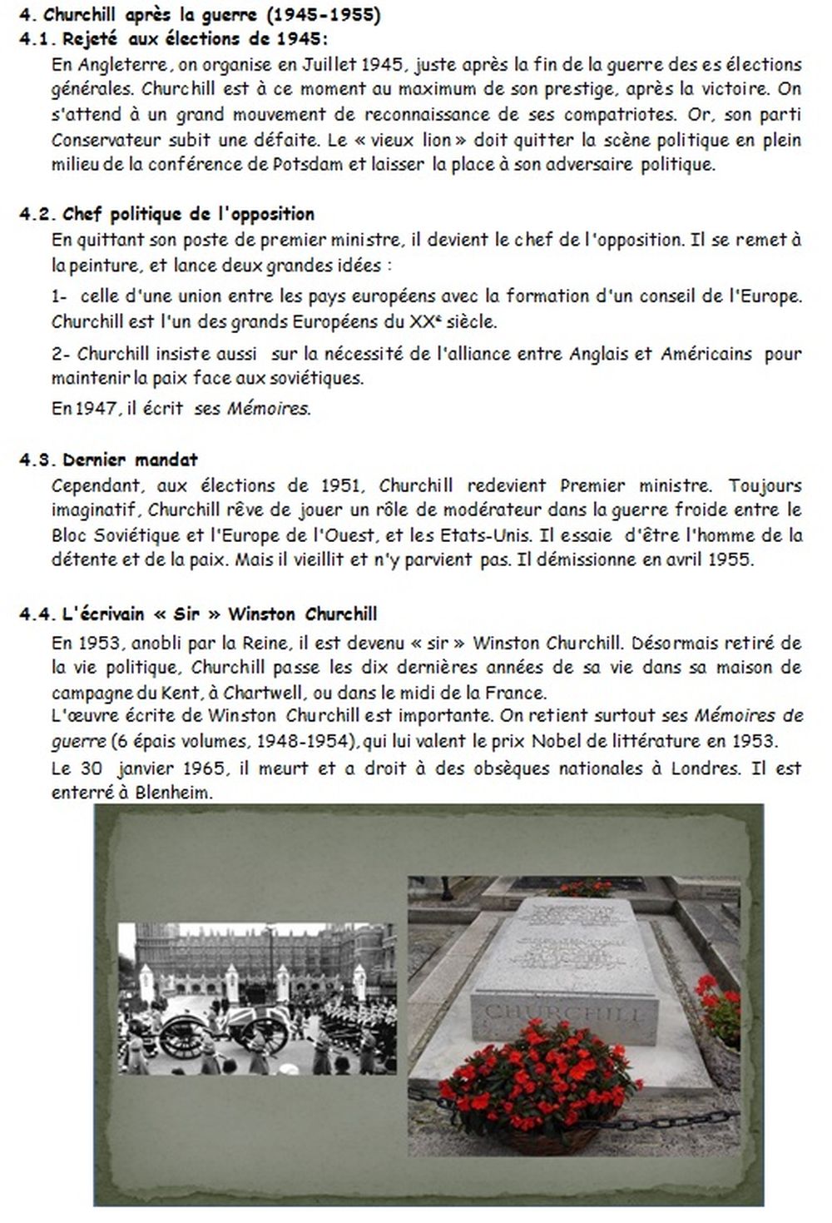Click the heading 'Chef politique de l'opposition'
[x=188, y=215]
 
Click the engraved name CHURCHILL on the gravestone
[x=563, y=1013]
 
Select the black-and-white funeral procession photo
[x=257, y=998]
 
